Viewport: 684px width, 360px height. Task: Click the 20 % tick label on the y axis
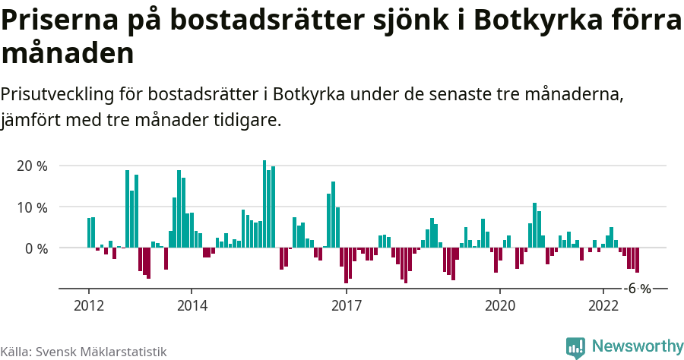coord(32,166)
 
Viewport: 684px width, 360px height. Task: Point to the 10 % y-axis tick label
coord(32,207)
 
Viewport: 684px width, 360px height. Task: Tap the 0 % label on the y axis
coord(36,248)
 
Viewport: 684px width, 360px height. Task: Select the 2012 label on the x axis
coord(88,305)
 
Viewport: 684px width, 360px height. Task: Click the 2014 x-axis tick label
coord(192,305)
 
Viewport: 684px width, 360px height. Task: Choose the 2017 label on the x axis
coord(346,305)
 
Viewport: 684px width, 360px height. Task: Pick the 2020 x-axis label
coord(500,305)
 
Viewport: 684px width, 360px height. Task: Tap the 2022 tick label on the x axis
coord(603,305)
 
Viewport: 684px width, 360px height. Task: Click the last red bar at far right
coord(637,260)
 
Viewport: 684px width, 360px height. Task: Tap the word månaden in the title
coord(68,53)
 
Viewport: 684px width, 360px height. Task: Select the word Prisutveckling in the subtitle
coord(58,95)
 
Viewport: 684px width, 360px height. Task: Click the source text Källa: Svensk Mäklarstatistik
coord(84,352)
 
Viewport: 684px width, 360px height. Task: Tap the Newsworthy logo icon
coord(575,347)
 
